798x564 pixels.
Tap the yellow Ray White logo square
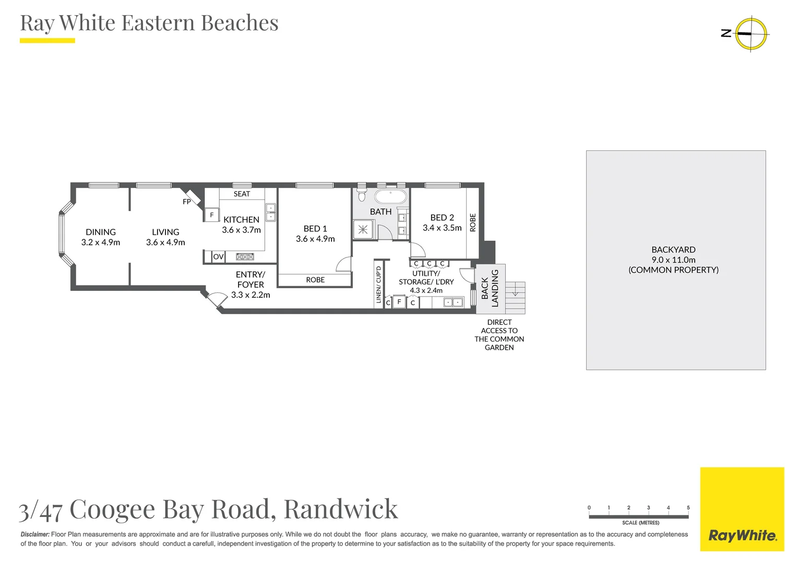click(742, 509)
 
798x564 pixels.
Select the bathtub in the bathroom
click(390, 197)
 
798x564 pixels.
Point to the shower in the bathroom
click(363, 229)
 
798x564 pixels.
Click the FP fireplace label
click(187, 202)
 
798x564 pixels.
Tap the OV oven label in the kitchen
click(218, 256)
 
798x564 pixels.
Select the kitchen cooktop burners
click(245, 256)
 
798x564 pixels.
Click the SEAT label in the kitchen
click(242, 194)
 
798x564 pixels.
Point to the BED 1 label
click(315, 229)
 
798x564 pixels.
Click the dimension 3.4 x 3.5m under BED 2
click(442, 228)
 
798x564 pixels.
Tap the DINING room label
click(101, 232)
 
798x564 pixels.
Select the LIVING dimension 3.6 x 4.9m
click(165, 242)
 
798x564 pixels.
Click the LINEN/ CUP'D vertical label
click(379, 285)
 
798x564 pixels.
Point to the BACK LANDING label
click(490, 288)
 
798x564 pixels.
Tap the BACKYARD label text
click(673, 250)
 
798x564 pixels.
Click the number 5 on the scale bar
click(688, 508)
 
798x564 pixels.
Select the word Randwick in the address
click(341, 509)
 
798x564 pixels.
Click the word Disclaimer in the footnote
click(35, 534)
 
